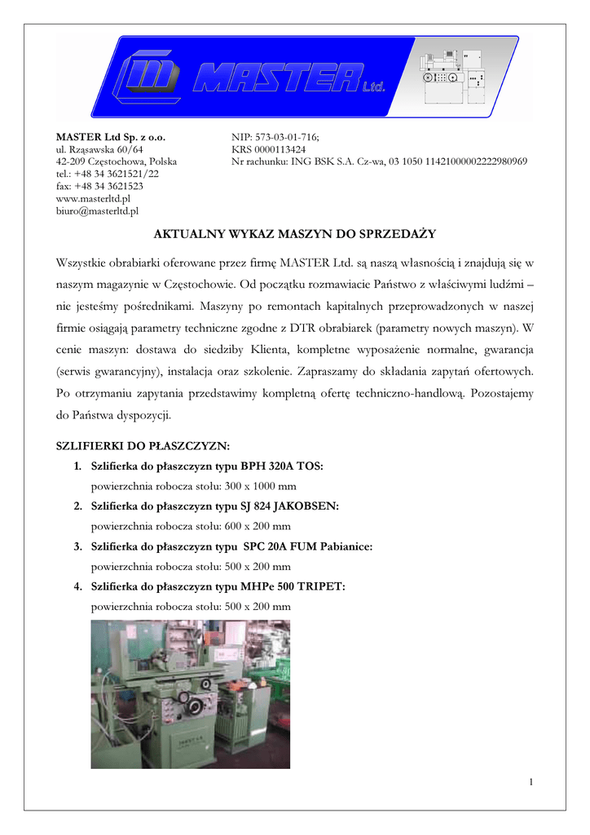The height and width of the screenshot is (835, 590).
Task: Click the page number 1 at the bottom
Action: click(x=531, y=783)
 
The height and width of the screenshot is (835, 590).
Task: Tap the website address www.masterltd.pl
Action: click(x=93, y=198)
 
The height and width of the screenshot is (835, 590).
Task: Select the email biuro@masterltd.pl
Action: click(x=96, y=210)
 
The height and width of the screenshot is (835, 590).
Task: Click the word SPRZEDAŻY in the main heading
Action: click(x=396, y=234)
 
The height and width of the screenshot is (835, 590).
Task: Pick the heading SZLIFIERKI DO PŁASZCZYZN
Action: click(x=143, y=446)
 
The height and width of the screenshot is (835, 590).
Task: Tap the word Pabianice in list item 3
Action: click(x=341, y=546)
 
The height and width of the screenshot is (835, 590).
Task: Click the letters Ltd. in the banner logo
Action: click(x=372, y=86)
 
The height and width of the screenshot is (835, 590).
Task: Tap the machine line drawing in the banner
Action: click(x=452, y=73)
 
